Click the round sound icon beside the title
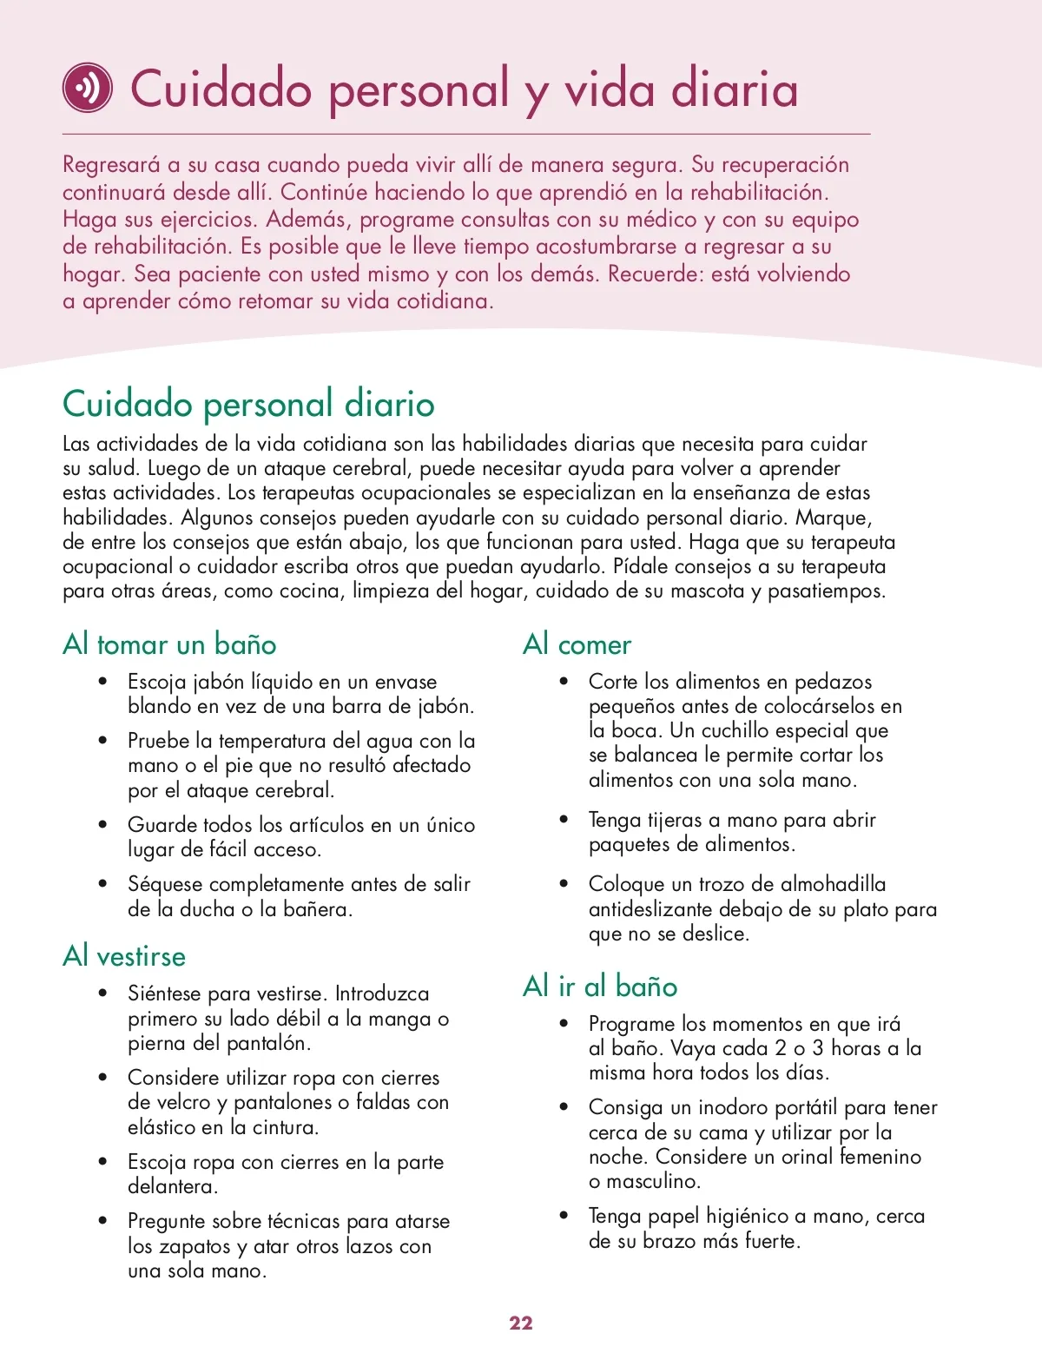click(x=87, y=88)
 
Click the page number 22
click(x=521, y=1323)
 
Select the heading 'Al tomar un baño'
click(x=169, y=644)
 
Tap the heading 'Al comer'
click(x=577, y=644)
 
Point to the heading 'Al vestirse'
click(x=124, y=956)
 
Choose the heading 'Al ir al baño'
click(x=600, y=987)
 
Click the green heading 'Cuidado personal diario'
click(x=248, y=404)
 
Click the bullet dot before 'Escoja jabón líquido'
click(x=103, y=682)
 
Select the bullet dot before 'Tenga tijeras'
click(x=564, y=820)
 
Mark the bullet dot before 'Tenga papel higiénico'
click(x=564, y=1216)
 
